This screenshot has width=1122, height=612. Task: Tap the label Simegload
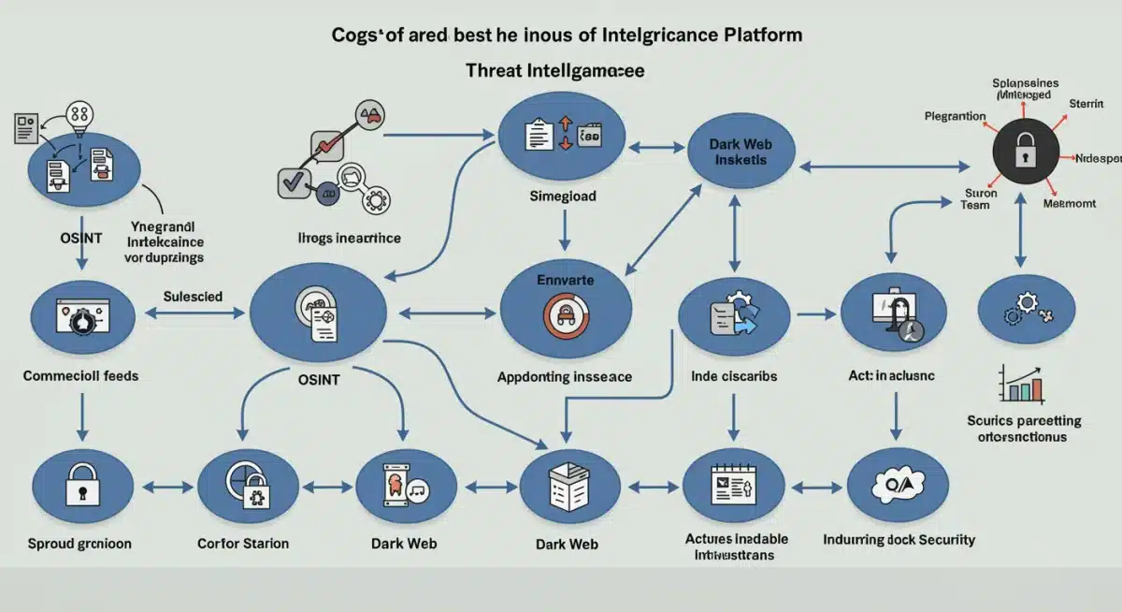tap(562, 197)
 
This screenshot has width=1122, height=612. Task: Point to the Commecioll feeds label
tap(80, 376)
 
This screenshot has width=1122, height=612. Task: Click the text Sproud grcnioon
tap(79, 544)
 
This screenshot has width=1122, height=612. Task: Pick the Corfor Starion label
tap(243, 544)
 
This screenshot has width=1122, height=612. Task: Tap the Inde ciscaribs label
tap(734, 376)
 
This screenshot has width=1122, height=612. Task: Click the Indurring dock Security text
tap(899, 540)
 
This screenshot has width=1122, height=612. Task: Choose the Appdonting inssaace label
tap(564, 377)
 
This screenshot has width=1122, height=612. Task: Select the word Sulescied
tap(193, 297)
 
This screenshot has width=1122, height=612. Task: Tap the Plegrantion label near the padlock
tap(955, 116)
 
